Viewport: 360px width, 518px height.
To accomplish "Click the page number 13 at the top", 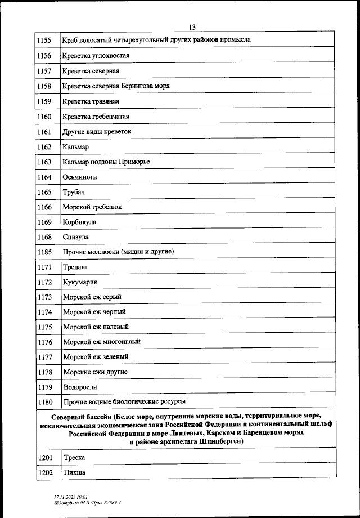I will click(192, 27).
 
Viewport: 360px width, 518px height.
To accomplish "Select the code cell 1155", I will click(44, 40).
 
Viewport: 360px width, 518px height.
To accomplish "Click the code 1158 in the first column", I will click(44, 86).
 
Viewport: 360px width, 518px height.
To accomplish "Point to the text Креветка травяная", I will click(91, 101).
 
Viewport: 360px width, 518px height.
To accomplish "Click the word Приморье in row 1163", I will click(134, 162).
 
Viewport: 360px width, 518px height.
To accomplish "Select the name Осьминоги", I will click(80, 177).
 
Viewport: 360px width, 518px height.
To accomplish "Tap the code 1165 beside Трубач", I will click(44, 193).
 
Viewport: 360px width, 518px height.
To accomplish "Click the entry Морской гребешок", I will click(92, 207).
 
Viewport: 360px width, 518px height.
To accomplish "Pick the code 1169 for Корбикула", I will click(44, 222).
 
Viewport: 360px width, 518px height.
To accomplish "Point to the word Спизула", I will click(76, 238).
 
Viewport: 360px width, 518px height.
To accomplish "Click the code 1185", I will click(44, 252).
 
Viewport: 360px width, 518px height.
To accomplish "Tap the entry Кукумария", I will click(82, 282).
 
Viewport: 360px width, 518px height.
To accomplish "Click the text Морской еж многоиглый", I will click(102, 342).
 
